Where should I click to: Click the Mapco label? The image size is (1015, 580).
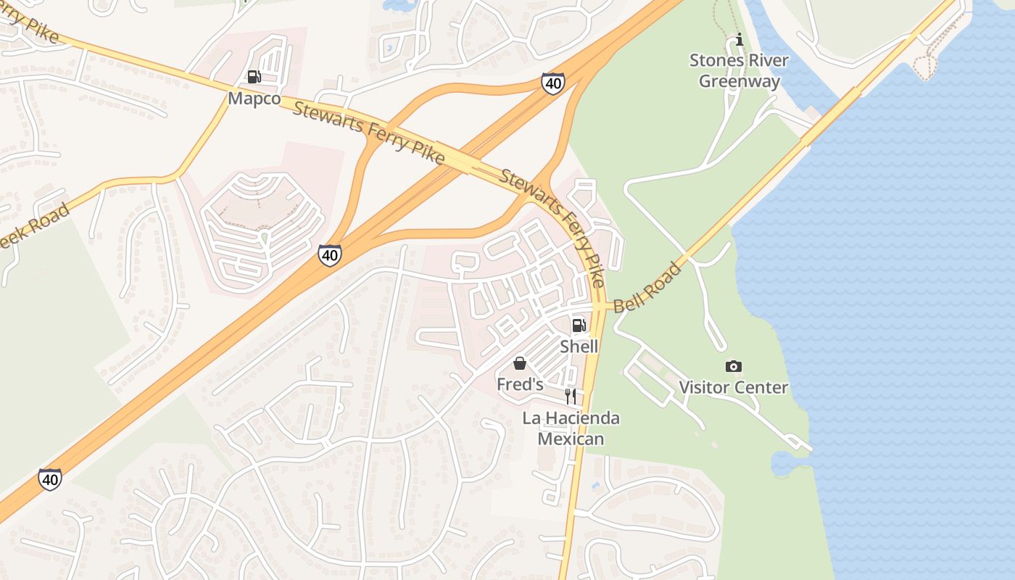(254, 99)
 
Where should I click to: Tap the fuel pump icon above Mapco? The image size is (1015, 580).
(254, 76)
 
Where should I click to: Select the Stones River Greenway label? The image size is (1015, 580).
(739, 70)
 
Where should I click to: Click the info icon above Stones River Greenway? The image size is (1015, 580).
(739, 39)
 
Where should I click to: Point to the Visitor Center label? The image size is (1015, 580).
(733, 387)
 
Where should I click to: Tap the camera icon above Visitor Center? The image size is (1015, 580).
(733, 367)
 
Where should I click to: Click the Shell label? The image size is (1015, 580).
(579, 347)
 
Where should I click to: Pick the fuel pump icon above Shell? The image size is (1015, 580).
(579, 326)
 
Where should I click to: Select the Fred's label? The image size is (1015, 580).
(520, 384)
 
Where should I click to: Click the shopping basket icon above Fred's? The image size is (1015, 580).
(520, 363)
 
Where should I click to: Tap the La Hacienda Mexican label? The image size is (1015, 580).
(571, 428)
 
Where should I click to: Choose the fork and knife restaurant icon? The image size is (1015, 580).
(571, 396)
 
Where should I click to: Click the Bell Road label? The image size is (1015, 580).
(647, 288)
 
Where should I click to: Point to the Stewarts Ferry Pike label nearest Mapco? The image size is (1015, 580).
(368, 134)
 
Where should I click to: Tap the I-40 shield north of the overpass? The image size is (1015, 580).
(552, 83)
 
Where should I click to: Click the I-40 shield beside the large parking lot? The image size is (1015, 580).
(330, 255)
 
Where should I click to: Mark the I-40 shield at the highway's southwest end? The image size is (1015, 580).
(50, 479)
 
